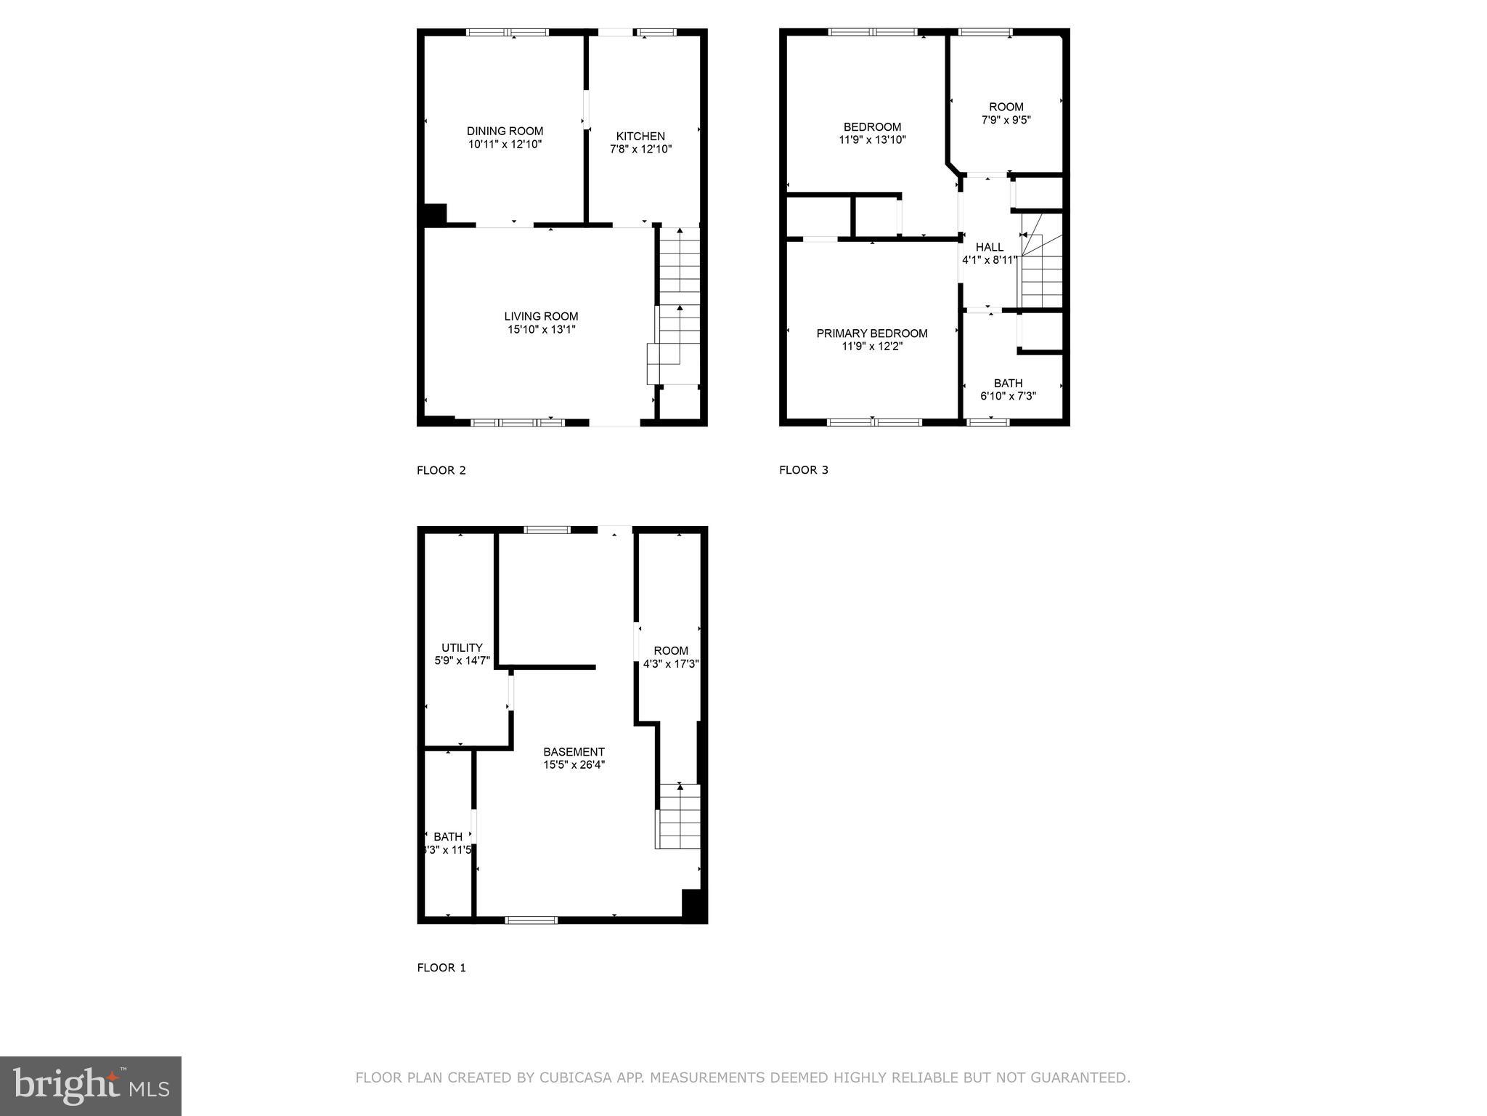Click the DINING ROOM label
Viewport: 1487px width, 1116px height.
click(x=505, y=131)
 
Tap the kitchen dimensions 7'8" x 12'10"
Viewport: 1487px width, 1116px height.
click(x=640, y=150)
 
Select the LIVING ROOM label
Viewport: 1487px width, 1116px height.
click(x=541, y=316)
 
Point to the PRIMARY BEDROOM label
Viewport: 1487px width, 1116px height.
click(x=871, y=333)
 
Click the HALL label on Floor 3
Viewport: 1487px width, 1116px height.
click(x=989, y=247)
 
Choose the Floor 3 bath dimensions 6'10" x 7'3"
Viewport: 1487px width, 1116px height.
click(x=1008, y=397)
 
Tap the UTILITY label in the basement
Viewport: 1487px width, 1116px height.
click(x=462, y=647)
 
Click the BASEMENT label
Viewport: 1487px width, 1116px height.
click(x=574, y=752)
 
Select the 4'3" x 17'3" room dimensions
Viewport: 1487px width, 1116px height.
click(x=671, y=663)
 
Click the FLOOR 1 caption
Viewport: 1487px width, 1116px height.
click(x=441, y=968)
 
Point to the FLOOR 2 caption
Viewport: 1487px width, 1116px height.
click(x=441, y=470)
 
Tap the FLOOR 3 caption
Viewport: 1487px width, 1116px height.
click(x=804, y=470)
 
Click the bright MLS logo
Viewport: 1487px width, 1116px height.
click(x=91, y=1086)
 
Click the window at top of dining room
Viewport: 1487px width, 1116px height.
click(x=508, y=32)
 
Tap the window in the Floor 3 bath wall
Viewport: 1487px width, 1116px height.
click(x=988, y=422)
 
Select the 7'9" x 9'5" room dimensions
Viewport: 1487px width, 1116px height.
click(x=1006, y=120)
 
